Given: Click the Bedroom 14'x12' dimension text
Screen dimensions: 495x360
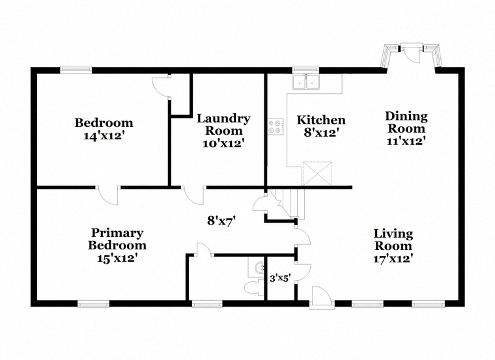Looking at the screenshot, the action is [104, 136].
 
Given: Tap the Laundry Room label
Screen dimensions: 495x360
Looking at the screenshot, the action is [223, 124].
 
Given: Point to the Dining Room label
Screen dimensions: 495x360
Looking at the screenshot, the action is [406, 122].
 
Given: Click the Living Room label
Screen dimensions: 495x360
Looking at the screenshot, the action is [393, 240].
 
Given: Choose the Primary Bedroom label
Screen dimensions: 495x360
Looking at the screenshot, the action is [117, 239].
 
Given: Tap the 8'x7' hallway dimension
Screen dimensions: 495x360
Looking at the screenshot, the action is [221, 221].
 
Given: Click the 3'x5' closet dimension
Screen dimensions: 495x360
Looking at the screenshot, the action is [279, 278].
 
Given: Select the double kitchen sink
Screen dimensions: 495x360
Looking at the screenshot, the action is [305, 82].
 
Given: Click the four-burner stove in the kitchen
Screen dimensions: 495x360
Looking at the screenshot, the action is [276, 126].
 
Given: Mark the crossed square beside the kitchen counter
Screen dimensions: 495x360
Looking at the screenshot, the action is [317, 174].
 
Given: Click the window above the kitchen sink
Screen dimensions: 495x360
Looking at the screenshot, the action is [305, 70].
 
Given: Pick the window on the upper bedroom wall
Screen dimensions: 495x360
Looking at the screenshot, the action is [76, 70].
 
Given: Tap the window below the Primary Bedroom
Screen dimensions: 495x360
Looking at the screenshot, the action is [93, 303].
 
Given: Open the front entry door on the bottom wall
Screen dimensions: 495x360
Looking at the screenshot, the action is [320, 297].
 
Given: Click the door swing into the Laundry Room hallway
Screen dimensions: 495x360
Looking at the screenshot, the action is [193, 195].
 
